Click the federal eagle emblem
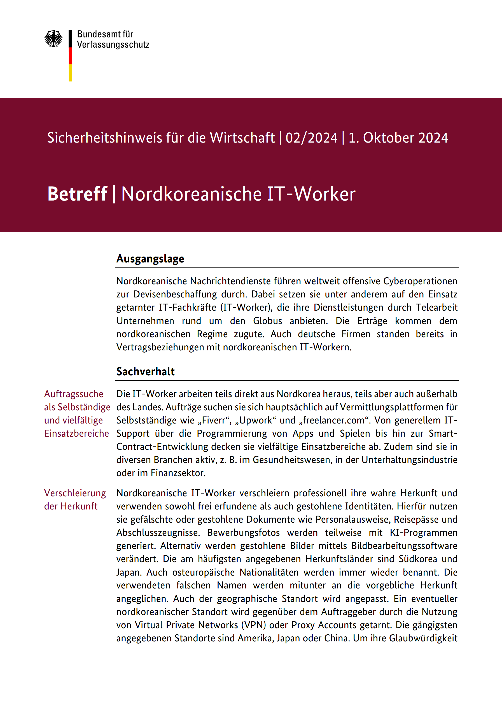[53, 39]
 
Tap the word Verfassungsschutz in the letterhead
[113, 45]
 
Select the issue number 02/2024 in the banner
[311, 138]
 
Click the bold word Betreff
[77, 194]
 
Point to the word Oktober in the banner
[388, 138]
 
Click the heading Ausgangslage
[150, 259]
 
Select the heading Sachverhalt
[146, 371]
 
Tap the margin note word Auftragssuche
[74, 394]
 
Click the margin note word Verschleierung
[75, 493]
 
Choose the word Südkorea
[418, 559]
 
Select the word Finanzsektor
[178, 473]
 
